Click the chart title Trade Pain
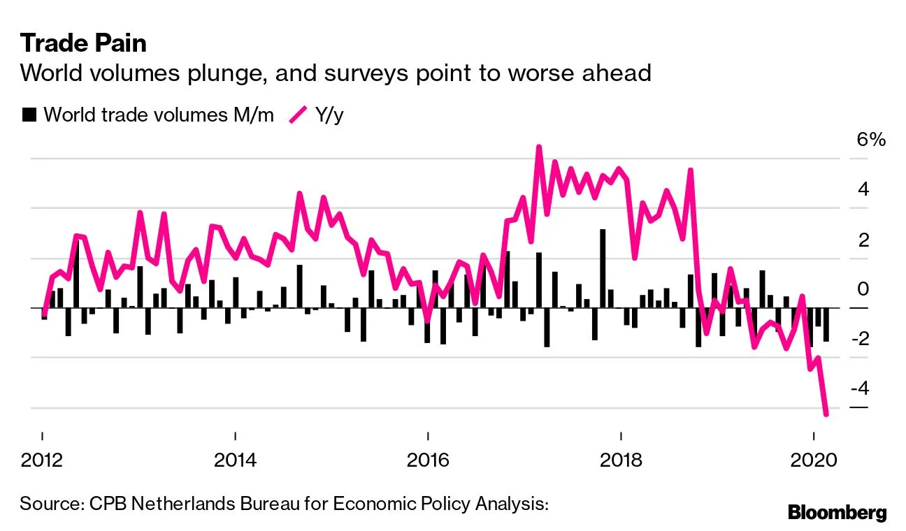point(83,43)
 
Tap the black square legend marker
point(29,115)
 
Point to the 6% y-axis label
point(871,140)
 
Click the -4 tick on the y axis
point(866,388)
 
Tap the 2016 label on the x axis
point(428,461)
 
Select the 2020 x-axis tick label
point(813,461)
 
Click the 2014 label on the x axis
point(236,461)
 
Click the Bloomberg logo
point(837,512)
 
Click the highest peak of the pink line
point(538,147)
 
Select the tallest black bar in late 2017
point(603,268)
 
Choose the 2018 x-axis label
point(620,461)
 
